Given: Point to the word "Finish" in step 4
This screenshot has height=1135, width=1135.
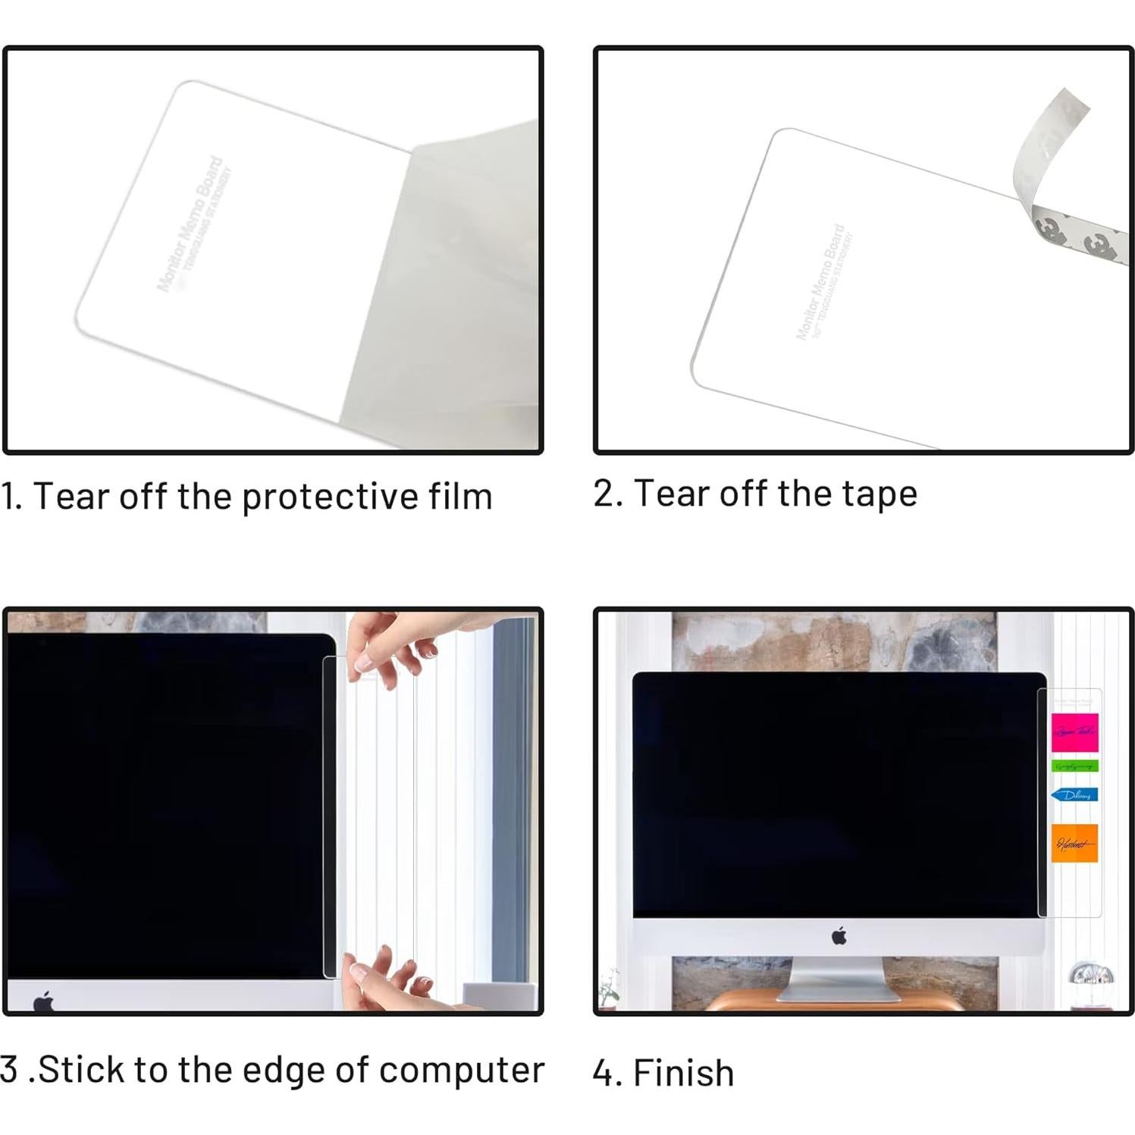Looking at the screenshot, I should click(x=683, y=1074).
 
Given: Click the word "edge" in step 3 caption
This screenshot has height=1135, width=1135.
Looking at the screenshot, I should click(x=276, y=1071).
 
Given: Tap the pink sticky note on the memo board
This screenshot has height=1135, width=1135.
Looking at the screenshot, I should click(x=1074, y=731).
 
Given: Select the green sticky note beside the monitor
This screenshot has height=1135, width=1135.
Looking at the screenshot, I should click(x=1074, y=767).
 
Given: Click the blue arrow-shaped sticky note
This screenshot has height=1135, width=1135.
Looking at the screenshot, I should click(x=1074, y=795).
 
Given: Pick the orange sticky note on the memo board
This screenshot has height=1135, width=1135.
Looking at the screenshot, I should click(x=1074, y=842).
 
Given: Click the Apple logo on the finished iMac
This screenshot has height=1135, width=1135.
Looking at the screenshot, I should click(x=839, y=936).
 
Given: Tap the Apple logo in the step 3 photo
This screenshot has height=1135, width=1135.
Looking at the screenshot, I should click(x=44, y=1001).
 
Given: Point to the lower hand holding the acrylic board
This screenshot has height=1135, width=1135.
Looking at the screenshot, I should click(x=387, y=981).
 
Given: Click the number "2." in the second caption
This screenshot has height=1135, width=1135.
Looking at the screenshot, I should click(x=608, y=494).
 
